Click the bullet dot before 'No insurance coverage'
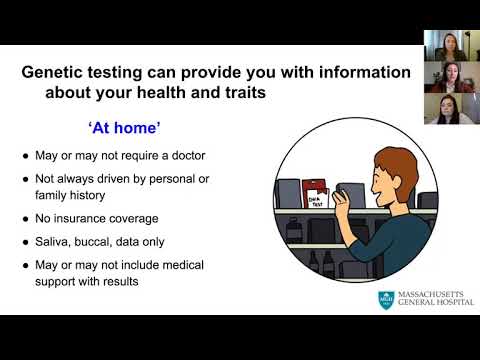point(27,218)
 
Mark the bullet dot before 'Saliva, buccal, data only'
point(27,243)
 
